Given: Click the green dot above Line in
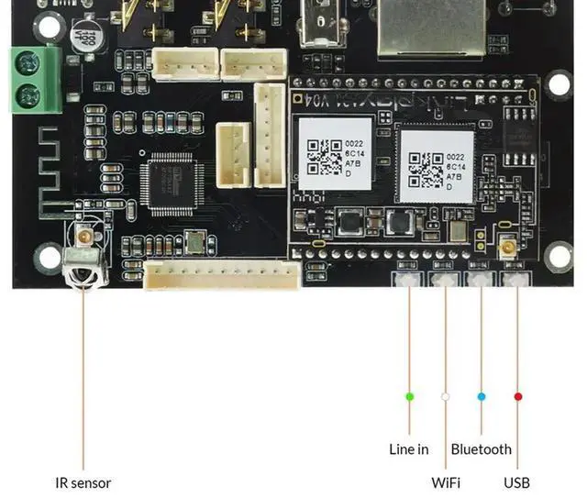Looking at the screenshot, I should pyautogui.click(x=409, y=396).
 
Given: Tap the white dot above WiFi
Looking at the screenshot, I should pyautogui.click(x=445, y=396).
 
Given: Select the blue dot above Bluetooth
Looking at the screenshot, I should pyautogui.click(x=481, y=396).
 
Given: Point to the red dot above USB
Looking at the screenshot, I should pyautogui.click(x=517, y=396).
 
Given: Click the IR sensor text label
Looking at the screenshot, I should pyautogui.click(x=83, y=482).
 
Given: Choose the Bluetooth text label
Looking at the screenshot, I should pyautogui.click(x=481, y=449).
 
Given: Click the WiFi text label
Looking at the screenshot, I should pyautogui.click(x=446, y=482).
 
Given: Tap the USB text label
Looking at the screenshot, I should pyautogui.click(x=516, y=482).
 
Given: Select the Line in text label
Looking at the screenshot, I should pyautogui.click(x=409, y=449).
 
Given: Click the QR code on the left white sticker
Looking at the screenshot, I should pyautogui.click(x=324, y=156).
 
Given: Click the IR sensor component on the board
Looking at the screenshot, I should pyautogui.click(x=83, y=265).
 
